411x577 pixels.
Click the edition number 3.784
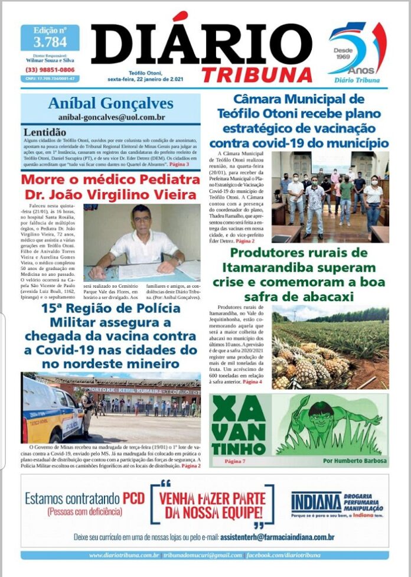click(50, 42)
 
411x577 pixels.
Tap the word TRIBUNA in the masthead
click(256, 74)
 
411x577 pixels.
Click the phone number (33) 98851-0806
click(50, 70)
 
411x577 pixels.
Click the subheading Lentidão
click(45, 132)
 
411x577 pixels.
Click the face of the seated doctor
click(141, 218)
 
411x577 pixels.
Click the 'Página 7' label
click(235, 460)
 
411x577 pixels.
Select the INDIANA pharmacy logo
click(317, 503)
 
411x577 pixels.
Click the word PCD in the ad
click(133, 499)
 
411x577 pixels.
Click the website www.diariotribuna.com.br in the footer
click(124, 555)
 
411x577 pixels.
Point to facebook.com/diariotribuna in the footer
click(283, 555)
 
